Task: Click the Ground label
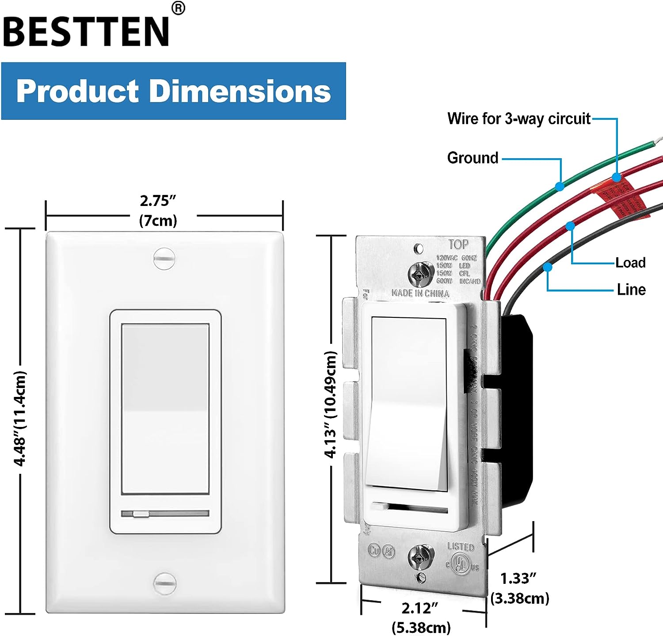[x=472, y=158]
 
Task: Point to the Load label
[x=630, y=263]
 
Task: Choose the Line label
[x=631, y=289]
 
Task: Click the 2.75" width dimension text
[x=158, y=201]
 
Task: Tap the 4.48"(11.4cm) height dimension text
[x=20, y=418]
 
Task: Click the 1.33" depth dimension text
[x=518, y=579]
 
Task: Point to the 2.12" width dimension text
[x=419, y=608]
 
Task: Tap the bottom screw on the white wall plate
[x=164, y=583]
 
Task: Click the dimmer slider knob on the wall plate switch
[x=141, y=514]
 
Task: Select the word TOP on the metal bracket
[x=458, y=244]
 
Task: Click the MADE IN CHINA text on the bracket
[x=420, y=293]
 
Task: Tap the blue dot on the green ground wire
[x=560, y=186]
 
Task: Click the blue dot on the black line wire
[x=548, y=267]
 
